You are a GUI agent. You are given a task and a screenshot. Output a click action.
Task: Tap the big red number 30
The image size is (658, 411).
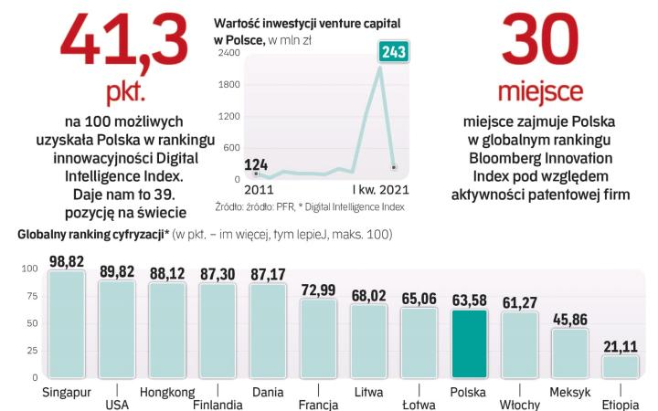pos(539,41)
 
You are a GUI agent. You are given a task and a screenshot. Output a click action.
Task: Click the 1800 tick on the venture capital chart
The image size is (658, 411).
pos(228,85)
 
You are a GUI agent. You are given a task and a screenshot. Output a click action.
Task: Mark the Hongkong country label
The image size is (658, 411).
pos(168,394)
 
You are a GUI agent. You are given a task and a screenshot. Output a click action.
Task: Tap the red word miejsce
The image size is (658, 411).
pos(539,93)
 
